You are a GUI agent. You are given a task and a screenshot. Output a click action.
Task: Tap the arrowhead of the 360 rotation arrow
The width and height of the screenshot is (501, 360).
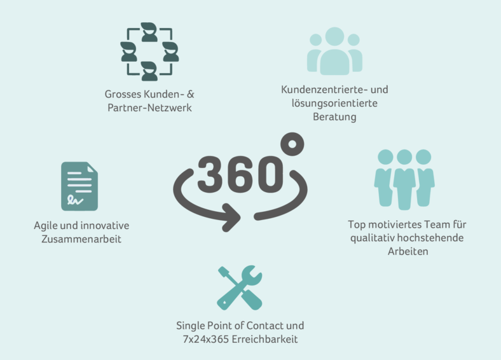pos(231,218)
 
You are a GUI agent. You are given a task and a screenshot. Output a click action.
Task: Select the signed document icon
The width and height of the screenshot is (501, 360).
pos(79,186)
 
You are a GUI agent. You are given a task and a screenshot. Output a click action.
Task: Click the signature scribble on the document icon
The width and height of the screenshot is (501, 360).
pos(75,200)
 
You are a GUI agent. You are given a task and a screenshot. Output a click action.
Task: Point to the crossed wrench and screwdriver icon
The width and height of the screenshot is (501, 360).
pos(240,287)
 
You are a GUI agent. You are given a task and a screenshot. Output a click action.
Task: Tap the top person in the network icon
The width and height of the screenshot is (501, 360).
pos(149,32)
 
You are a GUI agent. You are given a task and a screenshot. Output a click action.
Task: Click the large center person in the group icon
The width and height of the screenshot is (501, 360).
pos(334,51)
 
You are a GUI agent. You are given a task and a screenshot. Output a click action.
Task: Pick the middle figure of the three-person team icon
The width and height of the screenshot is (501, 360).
pos(404,179)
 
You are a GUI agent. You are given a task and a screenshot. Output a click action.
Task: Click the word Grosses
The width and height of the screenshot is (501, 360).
pos(123,94)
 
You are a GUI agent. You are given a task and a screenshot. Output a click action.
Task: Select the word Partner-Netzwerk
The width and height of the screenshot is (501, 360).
pos(149,107)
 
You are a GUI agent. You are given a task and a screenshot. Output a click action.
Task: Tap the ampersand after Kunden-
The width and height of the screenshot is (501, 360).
pos(191,94)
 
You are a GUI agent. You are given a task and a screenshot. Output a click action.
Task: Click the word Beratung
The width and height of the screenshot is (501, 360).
pos(334,116)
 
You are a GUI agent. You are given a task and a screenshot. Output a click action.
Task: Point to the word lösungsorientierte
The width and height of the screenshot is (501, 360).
pos(334,103)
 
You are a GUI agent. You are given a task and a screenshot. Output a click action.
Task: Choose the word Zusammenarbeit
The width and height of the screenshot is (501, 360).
pos(81,239)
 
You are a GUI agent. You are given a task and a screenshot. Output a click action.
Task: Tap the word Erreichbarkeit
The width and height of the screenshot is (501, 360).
pos(264,339)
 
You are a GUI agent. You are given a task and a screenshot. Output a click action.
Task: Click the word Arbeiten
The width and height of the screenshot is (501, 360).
pos(408,251)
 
